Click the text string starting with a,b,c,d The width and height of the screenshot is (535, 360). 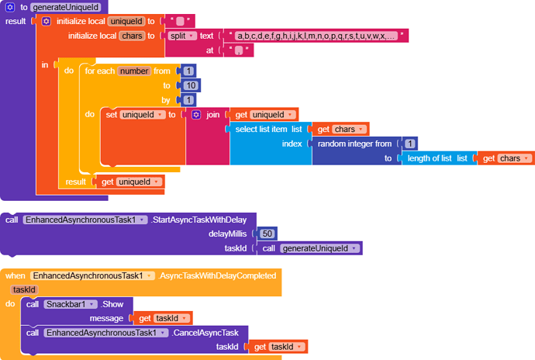click(314, 36)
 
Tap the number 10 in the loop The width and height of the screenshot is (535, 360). click(191, 85)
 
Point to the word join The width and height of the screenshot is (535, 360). click(212, 114)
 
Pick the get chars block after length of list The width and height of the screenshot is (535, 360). click(504, 157)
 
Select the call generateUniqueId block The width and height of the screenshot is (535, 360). click(310, 248)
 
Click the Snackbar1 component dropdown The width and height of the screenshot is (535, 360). click(71, 303)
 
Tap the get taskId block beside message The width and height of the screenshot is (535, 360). click(164, 317)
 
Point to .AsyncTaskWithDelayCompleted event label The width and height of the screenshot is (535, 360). click(217, 275)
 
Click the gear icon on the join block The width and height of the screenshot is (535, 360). click(196, 114)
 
